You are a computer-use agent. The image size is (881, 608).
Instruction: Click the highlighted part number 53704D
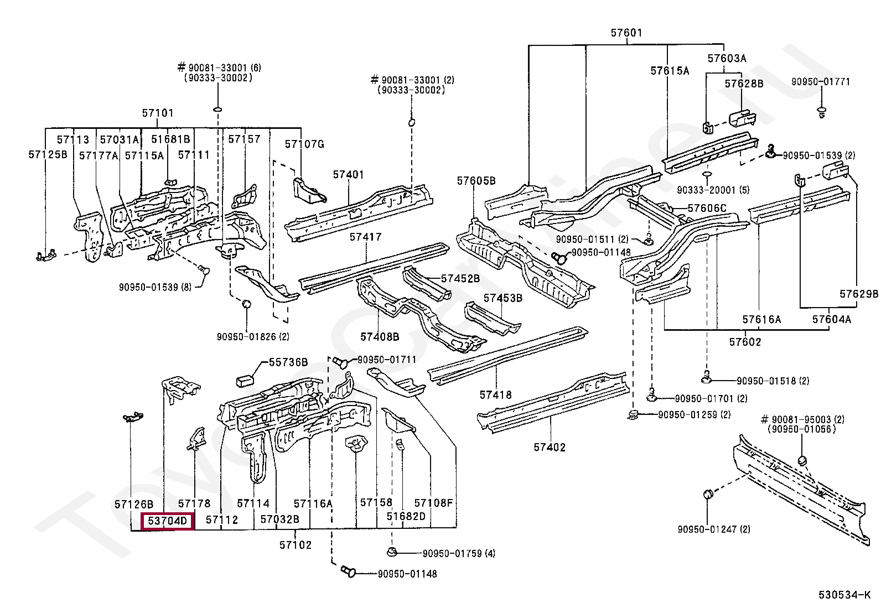[x=168, y=521]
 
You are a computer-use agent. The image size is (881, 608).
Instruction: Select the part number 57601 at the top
[x=626, y=33]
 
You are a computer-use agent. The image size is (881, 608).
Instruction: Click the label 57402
[x=550, y=447]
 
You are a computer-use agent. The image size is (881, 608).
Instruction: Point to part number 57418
[x=495, y=395]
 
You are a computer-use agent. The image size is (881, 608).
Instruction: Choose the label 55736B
[x=288, y=362]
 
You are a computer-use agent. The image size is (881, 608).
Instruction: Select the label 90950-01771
[x=820, y=82]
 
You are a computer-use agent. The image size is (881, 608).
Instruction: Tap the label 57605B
[x=476, y=181]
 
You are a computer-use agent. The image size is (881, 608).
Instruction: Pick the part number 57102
[x=296, y=545]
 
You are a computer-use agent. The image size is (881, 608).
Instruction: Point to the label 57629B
[x=858, y=294]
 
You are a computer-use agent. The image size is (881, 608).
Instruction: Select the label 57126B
[x=133, y=504]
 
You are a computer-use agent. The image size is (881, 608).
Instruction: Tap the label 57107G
[x=304, y=144]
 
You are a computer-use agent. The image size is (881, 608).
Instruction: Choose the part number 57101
[x=158, y=113]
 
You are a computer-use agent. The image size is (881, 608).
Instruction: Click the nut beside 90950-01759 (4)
[x=391, y=552]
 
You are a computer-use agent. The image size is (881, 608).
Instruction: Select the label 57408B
[x=380, y=336]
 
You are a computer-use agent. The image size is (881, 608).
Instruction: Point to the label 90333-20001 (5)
[x=713, y=190]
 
